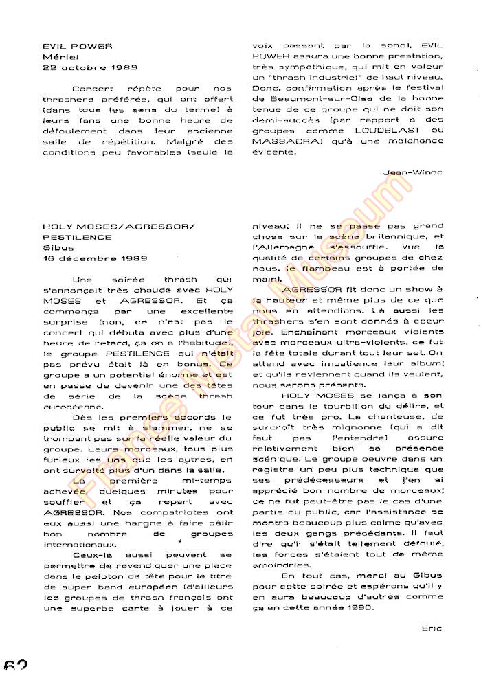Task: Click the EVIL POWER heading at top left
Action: click(x=77, y=46)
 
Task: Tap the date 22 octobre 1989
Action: click(x=89, y=67)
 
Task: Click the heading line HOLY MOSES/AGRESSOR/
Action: click(x=118, y=225)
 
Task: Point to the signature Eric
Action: click(x=432, y=627)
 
